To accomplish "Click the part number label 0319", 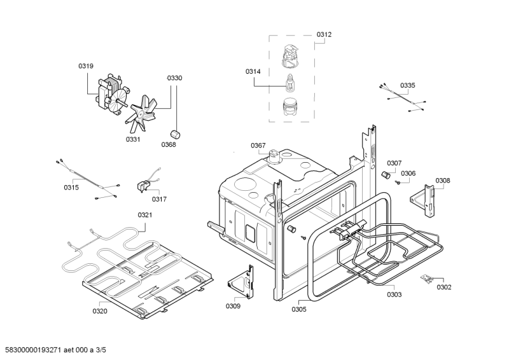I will [x=86, y=66].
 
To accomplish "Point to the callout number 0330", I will [x=174, y=78].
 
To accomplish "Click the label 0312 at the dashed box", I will [x=324, y=34].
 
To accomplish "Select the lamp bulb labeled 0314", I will [x=291, y=83].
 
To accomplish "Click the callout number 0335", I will [x=407, y=85].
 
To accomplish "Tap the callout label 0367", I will [x=258, y=146].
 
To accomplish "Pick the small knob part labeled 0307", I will [x=385, y=174].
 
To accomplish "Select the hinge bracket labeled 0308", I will [x=428, y=195].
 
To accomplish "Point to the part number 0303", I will [x=394, y=294].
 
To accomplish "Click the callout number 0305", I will [x=299, y=309].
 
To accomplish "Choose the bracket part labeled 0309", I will [x=244, y=280].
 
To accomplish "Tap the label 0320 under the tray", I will [x=100, y=311].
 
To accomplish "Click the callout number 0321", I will [x=145, y=215].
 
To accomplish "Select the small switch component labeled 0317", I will [x=144, y=185].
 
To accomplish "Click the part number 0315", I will [x=71, y=187].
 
